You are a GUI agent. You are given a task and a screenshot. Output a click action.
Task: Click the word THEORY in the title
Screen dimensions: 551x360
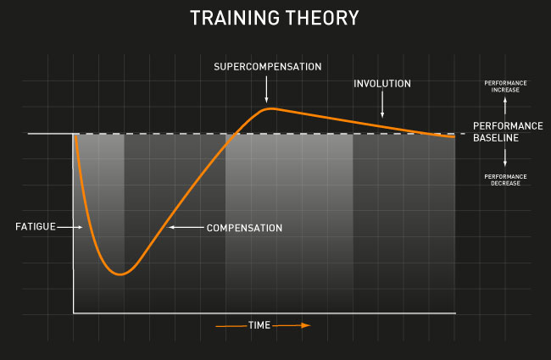tap(322, 18)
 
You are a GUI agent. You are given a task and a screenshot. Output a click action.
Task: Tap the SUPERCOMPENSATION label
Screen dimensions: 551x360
tap(267, 67)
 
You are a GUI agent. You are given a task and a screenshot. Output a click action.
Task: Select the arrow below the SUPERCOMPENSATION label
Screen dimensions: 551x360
tap(266, 89)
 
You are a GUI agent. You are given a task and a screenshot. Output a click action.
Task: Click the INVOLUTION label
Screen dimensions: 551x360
tap(382, 84)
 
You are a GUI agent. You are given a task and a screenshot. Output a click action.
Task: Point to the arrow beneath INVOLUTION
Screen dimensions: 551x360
tap(382, 104)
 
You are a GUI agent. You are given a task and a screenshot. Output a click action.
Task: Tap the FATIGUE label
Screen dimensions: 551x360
tap(36, 227)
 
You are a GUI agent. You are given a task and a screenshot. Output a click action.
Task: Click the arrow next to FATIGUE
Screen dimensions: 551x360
tap(70, 227)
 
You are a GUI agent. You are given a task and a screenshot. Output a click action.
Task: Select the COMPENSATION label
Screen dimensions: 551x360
tap(244, 228)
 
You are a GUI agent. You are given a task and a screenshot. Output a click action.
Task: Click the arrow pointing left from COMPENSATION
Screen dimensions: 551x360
tap(186, 228)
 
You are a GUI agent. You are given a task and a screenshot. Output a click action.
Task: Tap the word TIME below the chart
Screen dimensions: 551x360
tap(259, 325)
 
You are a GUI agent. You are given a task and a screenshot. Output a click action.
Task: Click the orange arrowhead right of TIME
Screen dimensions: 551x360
tap(306, 325)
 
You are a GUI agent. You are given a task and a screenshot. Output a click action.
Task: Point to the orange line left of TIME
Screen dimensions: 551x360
tap(231, 326)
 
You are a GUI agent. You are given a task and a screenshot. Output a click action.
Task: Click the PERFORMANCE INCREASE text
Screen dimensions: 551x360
tap(505, 86)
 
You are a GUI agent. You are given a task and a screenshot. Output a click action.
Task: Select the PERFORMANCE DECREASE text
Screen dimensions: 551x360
tap(505, 180)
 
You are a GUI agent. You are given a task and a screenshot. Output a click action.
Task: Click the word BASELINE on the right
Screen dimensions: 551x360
tap(496, 138)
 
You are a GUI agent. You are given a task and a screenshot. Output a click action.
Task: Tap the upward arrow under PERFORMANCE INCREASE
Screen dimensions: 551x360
tap(505, 105)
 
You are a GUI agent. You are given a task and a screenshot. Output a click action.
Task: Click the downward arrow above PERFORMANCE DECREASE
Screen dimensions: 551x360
tap(505, 158)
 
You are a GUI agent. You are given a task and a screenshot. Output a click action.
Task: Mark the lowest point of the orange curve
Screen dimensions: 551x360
tap(120, 274)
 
